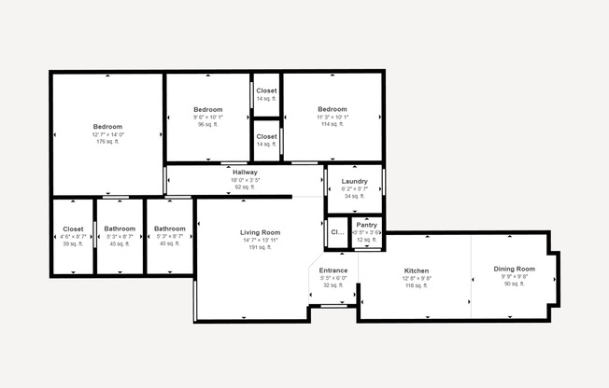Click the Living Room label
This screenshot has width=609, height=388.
[260, 231]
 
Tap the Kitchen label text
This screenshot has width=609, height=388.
[416, 270]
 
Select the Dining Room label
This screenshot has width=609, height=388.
[514, 269]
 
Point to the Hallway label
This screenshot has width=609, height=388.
[245, 173]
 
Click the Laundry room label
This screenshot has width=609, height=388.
[354, 181]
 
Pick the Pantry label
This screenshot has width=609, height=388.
[366, 225]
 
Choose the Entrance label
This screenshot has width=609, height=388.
[333, 270]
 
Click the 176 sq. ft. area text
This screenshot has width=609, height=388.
[107, 142]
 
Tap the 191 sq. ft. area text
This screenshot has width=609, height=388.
[260, 247]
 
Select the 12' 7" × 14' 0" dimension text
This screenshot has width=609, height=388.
[107, 134]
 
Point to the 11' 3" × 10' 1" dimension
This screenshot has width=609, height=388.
[332, 117]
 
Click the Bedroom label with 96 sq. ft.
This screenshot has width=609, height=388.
[207, 109]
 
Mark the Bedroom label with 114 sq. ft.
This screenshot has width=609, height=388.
[332, 109]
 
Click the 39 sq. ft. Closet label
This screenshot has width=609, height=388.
[73, 229]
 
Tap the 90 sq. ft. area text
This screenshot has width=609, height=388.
[514, 284]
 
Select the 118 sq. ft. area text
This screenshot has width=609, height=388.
[416, 285]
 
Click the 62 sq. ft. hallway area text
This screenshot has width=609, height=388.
[245, 187]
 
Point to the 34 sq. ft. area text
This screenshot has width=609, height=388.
[354, 196]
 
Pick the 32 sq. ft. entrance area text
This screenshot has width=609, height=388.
[333, 284]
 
